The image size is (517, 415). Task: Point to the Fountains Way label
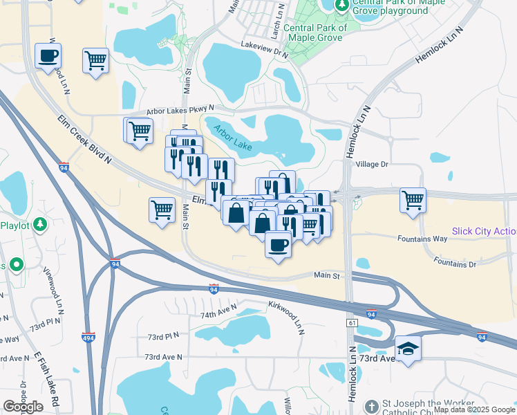pyautogui.click(x=422, y=239)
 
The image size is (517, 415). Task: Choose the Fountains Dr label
pyautogui.click(x=455, y=263)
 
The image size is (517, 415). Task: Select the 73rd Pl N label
pyautogui.click(x=162, y=336)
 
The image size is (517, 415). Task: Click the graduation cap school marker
pyautogui.click(x=408, y=348)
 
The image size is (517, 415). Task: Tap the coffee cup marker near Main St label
pyautogui.click(x=279, y=245)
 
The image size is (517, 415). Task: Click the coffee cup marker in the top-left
pyautogui.click(x=48, y=55)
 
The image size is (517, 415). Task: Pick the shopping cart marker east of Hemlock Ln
pyautogui.click(x=413, y=201)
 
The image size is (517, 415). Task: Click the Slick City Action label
pyautogui.click(x=484, y=231)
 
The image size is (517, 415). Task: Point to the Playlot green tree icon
pyautogui.click(x=41, y=224)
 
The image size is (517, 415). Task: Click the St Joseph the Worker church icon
pyautogui.click(x=371, y=405)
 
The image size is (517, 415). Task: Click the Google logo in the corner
pyautogui.click(x=23, y=407)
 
